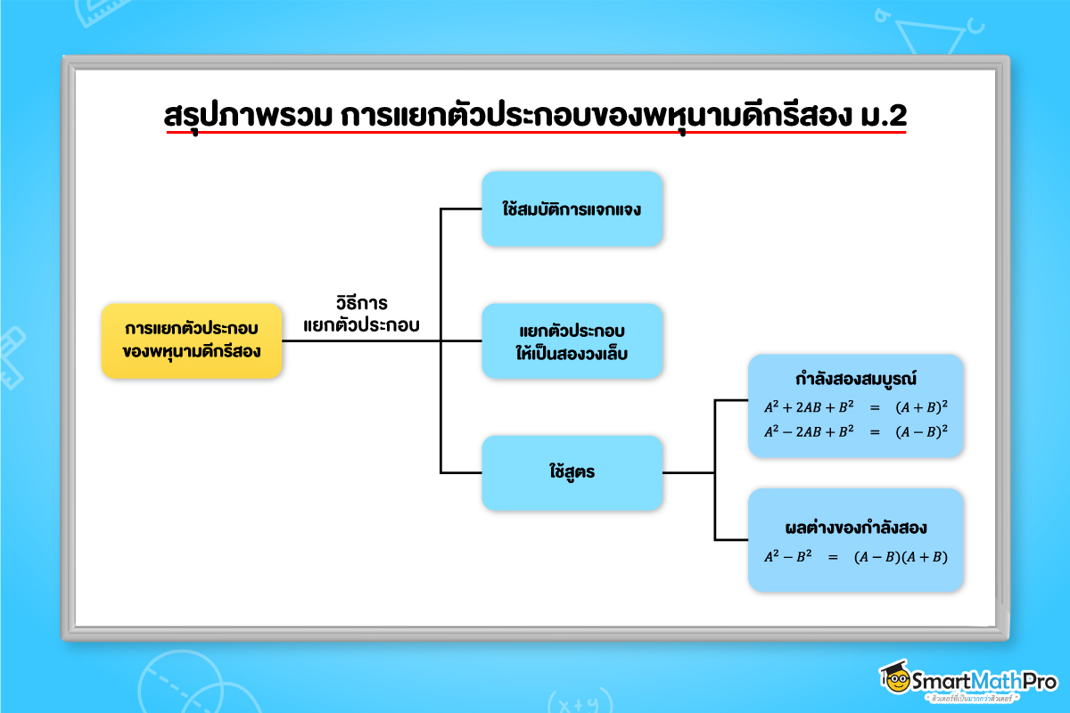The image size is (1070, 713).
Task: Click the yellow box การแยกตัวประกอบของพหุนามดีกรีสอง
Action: click(192, 341)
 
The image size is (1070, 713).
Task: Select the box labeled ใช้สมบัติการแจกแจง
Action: click(572, 209)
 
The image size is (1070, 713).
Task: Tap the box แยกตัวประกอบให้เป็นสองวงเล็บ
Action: click(572, 341)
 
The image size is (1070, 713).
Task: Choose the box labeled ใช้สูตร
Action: click(572, 473)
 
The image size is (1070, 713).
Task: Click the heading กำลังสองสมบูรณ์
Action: click(855, 379)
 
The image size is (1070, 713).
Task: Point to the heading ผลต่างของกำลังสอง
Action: click(855, 527)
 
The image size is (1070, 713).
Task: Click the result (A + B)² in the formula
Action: click(921, 406)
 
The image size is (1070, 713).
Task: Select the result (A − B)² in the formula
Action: click(921, 430)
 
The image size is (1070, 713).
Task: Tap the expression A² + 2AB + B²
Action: click(809, 406)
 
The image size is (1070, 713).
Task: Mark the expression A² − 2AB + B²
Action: click(809, 430)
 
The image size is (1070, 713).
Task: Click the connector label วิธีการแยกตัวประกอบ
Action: click(361, 314)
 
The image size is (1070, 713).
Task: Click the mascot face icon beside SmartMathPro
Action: click(894, 680)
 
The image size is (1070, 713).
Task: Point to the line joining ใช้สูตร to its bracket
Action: click(688, 473)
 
